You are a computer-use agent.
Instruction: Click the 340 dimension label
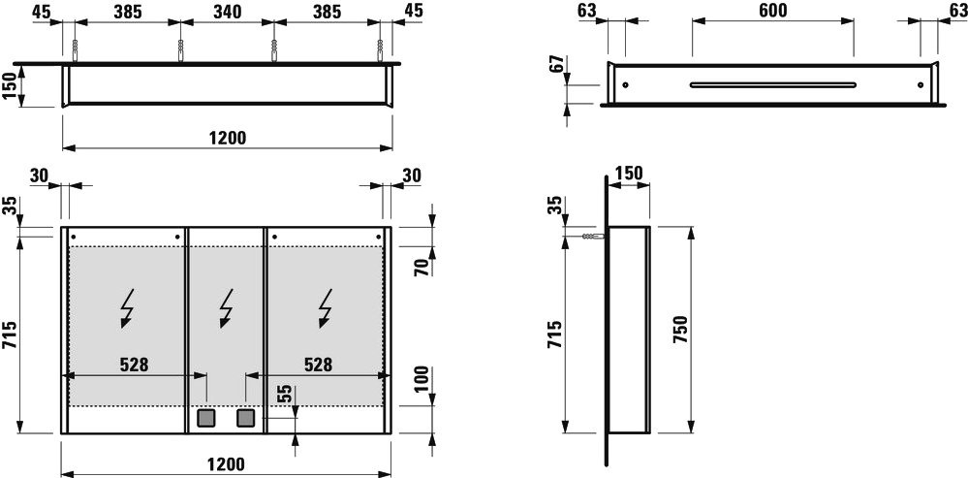click(x=227, y=12)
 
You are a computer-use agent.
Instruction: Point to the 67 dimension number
click(x=558, y=64)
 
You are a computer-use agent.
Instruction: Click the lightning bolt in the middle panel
click(x=226, y=307)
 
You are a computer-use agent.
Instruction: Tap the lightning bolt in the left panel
click(x=128, y=307)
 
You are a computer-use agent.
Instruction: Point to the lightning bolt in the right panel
click(x=326, y=307)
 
